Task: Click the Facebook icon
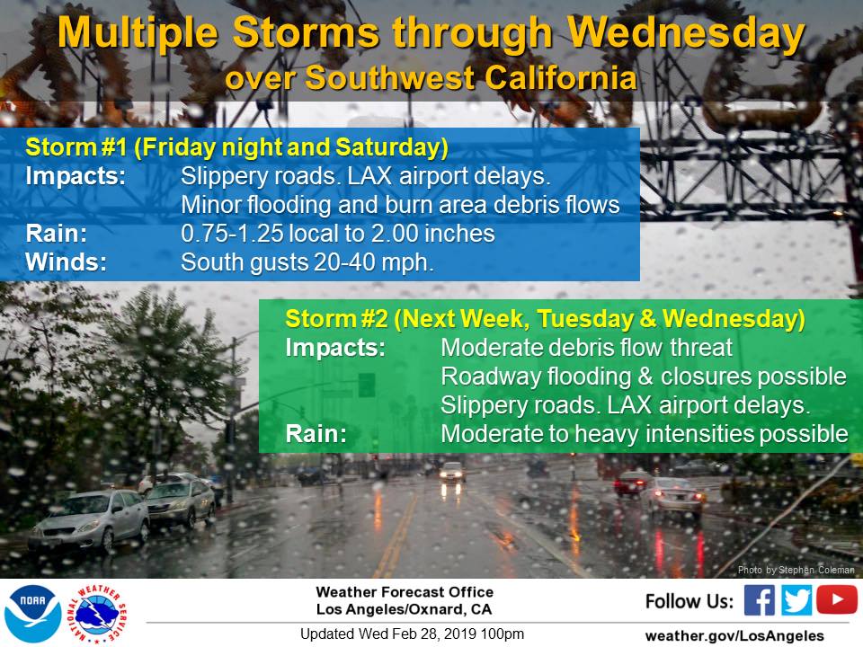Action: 759,599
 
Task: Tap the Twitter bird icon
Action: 796,599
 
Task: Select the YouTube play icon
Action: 837,599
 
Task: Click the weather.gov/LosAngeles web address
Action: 734,635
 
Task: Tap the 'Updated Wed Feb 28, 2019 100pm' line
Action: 412,634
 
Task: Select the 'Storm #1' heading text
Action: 76,147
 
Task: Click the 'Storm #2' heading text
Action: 336,318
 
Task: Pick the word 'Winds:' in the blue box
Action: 66,261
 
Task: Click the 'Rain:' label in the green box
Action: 316,433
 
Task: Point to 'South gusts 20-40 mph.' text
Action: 307,262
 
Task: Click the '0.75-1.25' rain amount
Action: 232,234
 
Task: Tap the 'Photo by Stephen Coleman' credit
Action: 796,570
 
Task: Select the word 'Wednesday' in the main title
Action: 686,33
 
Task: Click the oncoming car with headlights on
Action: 451,473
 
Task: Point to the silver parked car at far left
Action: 89,520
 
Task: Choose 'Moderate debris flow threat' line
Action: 587,348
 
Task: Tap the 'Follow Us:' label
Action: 690,601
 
